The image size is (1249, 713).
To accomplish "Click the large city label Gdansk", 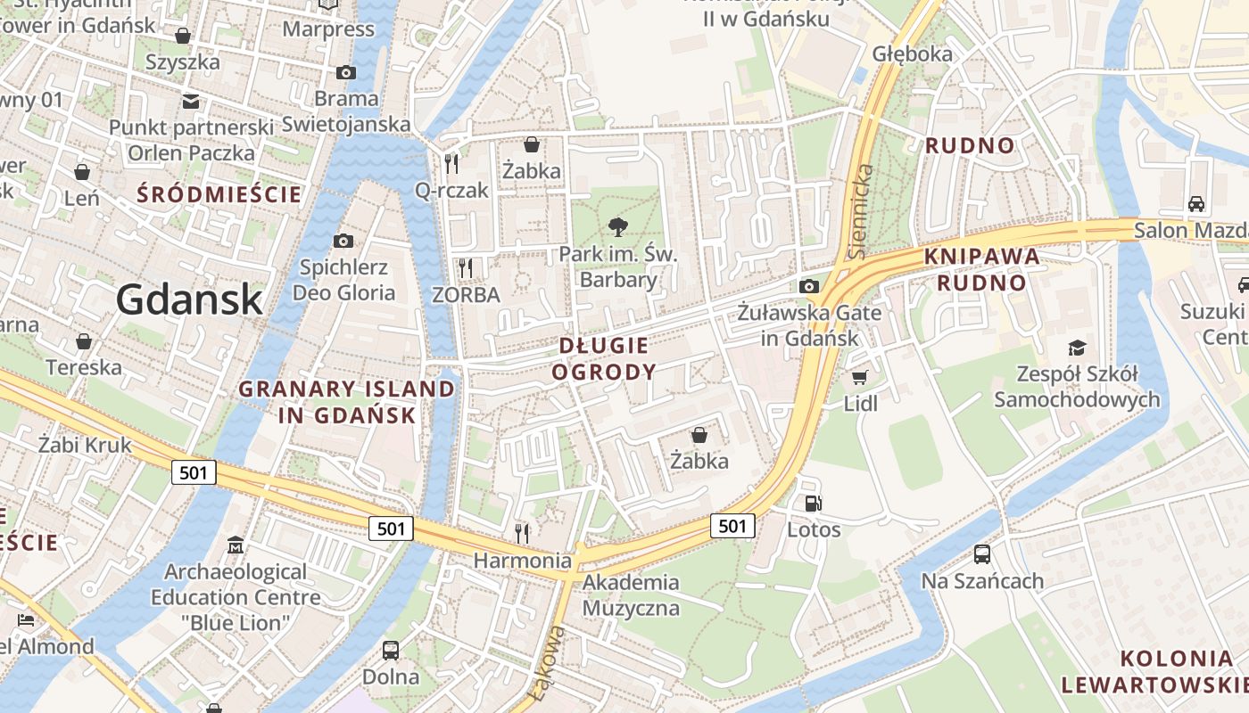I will coord(189,299).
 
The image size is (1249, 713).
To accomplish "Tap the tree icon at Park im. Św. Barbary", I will coord(617,227).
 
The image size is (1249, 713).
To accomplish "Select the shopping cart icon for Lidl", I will coord(859,378).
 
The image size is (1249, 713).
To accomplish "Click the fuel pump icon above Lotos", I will coord(813,504).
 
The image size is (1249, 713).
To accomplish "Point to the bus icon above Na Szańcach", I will coord(982,554).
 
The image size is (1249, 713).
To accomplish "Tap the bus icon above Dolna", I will coord(391,650).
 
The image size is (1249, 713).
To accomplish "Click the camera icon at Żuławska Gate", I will coord(809,286).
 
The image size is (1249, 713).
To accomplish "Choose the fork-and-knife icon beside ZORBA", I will coord(465,267).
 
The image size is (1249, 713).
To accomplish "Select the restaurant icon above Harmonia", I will coord(522,533).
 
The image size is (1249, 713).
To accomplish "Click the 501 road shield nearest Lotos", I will coord(732,526).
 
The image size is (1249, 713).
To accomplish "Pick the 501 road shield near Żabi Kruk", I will coord(194,472).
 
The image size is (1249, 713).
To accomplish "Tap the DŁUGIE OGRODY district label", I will coord(604,358).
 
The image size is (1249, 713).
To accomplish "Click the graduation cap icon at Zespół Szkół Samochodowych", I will coord(1078,348).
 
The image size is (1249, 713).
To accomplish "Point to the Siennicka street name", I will coord(861,211).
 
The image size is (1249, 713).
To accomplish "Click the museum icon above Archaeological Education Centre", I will coord(236,544).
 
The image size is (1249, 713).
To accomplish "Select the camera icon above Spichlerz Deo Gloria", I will coord(343,241).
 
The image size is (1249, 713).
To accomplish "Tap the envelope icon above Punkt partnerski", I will coord(191,101).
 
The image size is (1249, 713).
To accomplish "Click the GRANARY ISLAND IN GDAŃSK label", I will coord(347,402).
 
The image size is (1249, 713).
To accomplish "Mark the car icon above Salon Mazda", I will coord(1196,203).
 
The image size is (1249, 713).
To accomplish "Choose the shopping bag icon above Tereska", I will coord(84,341).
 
